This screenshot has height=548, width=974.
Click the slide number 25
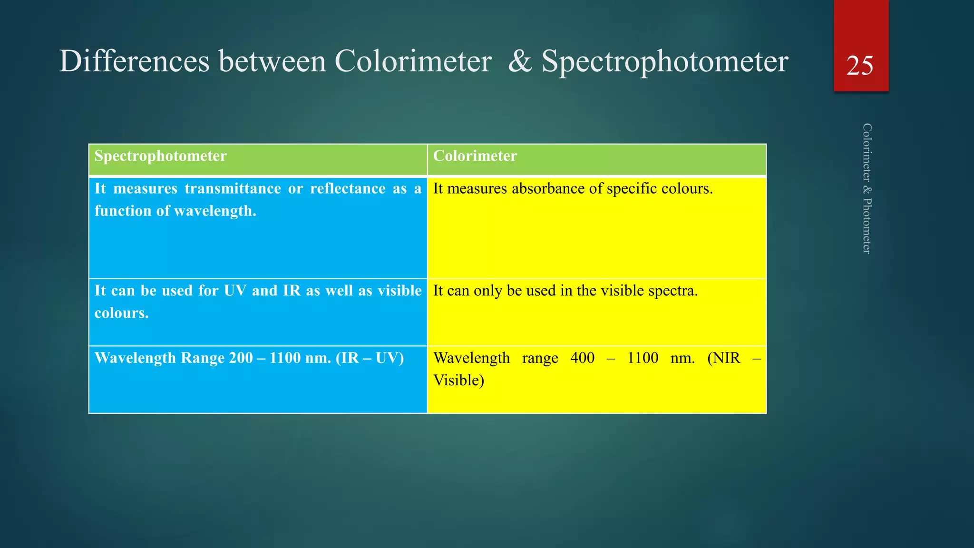860,66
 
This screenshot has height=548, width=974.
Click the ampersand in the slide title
520,62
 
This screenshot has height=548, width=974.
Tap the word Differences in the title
134,62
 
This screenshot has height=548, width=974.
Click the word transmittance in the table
233,188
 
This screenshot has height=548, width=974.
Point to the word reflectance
348,188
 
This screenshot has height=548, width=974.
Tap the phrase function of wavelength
175,211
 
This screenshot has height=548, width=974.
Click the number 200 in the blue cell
241,358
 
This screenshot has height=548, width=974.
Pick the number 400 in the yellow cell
582,358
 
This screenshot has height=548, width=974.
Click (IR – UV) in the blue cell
370,358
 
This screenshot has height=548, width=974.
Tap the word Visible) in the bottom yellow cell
458,380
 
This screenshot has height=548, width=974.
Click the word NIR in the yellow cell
724,358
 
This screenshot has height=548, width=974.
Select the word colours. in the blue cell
122,313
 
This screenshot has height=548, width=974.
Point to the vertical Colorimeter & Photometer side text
867,188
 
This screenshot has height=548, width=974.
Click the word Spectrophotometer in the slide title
665,62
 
